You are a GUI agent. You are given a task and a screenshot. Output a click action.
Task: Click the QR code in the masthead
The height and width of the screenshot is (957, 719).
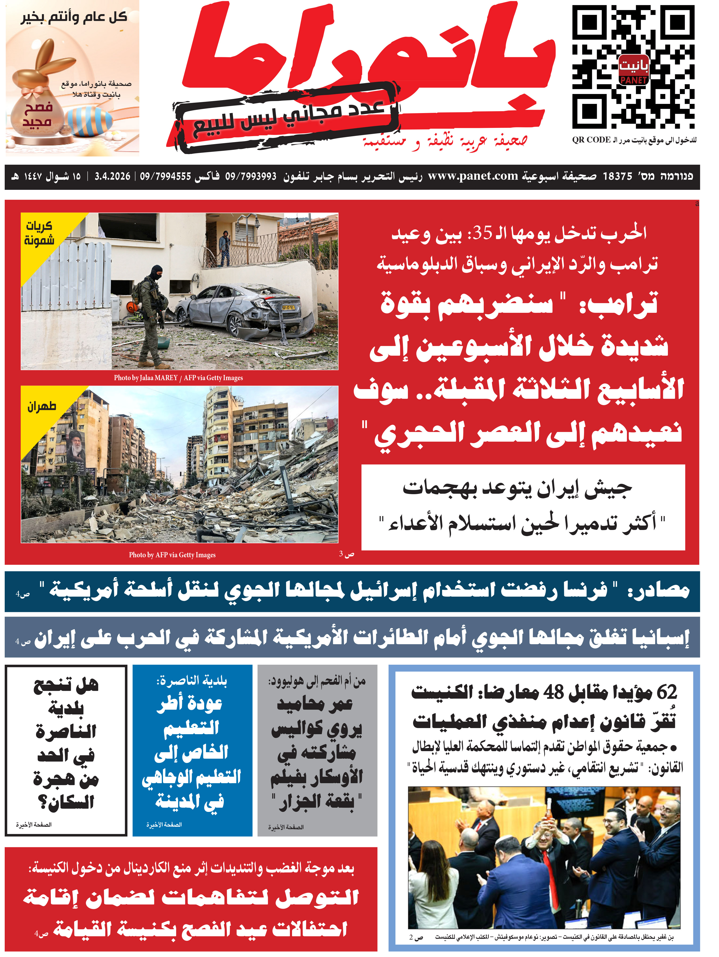coord(633,68)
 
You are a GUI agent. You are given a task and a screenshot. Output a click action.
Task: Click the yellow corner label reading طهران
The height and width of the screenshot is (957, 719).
coord(41,407)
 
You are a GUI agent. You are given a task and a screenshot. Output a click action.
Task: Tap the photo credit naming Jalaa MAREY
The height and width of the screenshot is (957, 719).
coord(178,378)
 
